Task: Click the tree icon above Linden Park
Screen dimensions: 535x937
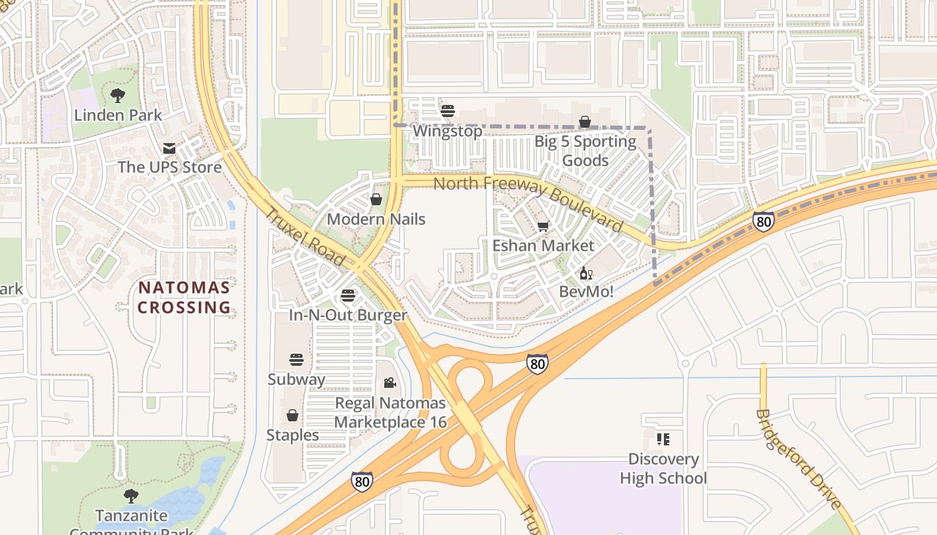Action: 118,96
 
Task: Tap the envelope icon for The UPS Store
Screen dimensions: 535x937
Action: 169,148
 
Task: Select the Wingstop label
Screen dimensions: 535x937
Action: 447,131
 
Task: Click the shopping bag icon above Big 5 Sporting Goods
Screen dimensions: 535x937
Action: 585,122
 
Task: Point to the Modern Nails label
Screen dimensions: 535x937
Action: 376,219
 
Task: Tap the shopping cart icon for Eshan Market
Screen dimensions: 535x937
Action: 543,227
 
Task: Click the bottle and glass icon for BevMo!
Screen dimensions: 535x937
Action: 586,273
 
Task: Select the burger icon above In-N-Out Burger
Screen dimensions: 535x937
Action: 347,296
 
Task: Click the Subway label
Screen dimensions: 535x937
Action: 296,379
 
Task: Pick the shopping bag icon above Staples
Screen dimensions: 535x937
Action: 292,415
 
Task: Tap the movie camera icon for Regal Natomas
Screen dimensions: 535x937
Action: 390,383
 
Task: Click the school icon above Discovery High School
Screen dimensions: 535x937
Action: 663,439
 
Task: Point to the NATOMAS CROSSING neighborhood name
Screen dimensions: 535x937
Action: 184,298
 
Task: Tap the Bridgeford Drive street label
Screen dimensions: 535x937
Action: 797,459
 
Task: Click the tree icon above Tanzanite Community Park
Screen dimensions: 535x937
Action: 131,496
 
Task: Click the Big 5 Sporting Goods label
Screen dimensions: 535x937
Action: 585,151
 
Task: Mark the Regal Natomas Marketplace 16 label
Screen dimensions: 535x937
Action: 390,413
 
